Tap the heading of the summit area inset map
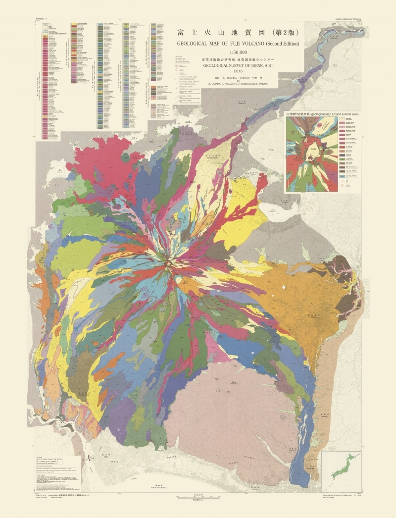(322, 114)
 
